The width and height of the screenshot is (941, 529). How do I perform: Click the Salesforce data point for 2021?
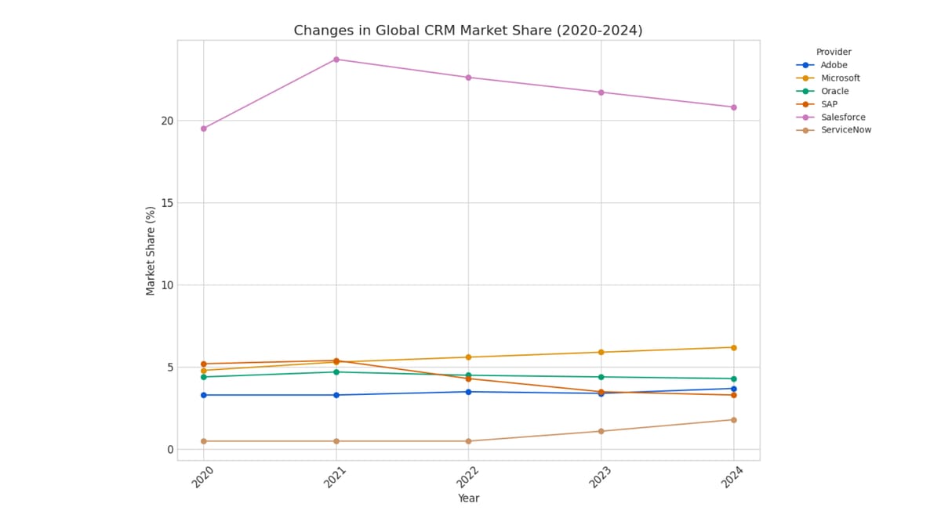(336, 60)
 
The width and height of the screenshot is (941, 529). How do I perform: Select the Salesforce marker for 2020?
(204, 129)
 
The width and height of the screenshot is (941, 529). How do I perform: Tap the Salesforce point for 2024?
(733, 107)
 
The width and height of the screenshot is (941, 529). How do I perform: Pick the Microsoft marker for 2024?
(733, 347)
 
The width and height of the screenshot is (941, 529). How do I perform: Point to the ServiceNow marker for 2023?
(601, 431)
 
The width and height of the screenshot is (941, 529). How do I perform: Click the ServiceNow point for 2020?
(204, 441)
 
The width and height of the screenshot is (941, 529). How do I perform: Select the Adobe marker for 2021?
(336, 395)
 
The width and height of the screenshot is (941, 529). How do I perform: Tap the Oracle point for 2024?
(733, 379)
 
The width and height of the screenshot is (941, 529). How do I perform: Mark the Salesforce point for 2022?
(468, 78)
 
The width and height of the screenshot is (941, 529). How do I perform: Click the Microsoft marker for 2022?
(468, 357)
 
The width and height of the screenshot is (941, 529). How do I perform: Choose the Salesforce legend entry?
(843, 118)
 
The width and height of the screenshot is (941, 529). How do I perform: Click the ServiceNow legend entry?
(845, 130)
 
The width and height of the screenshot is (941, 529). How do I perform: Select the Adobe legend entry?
(834, 65)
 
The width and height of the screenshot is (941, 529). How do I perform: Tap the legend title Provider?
(834, 52)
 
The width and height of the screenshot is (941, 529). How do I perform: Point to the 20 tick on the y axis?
(167, 121)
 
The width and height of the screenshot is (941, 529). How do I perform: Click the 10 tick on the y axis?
(167, 285)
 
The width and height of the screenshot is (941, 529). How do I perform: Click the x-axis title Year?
(468, 498)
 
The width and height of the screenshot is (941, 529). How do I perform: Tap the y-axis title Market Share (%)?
(151, 251)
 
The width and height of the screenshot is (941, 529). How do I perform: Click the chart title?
(468, 31)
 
